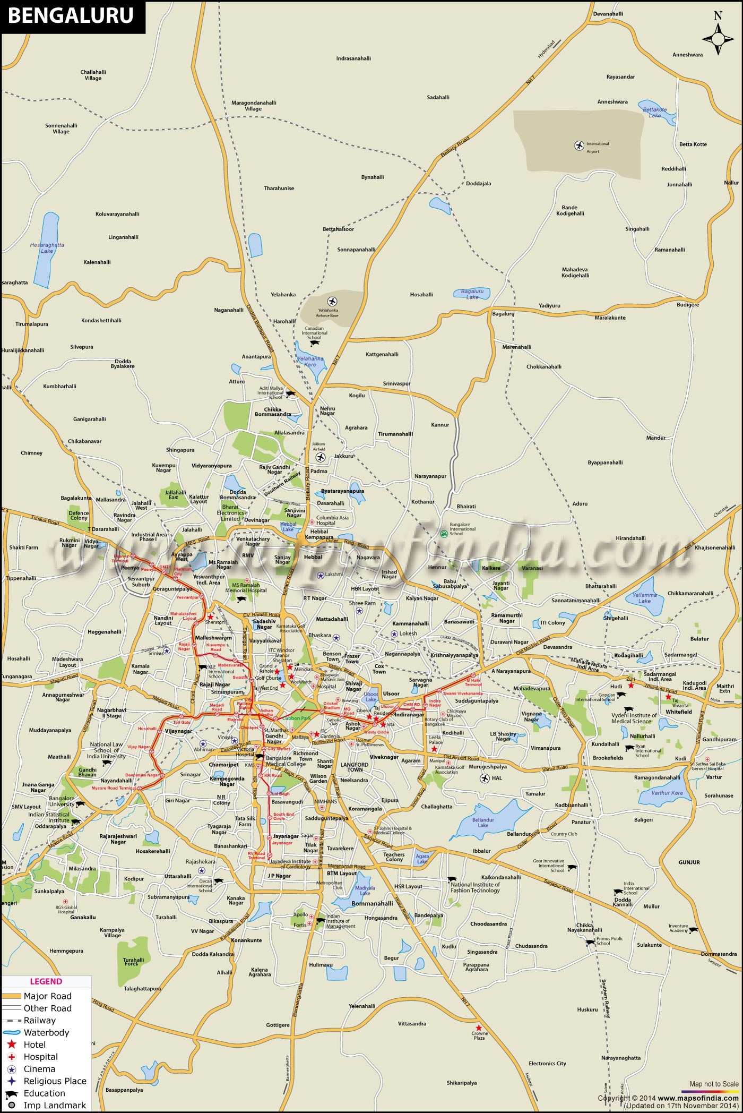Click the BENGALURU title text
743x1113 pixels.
pos(70,15)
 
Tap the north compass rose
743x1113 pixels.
pos(718,38)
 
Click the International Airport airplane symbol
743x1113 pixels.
pos(579,145)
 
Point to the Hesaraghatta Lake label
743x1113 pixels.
pos(47,247)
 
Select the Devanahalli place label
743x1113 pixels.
pos(608,14)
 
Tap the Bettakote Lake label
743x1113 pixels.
pos(655,113)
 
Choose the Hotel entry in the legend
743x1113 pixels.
pos(35,1044)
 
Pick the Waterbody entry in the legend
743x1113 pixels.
pos(46,1032)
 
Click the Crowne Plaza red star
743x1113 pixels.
pos(479,1028)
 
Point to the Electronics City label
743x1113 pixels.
pos(547,1063)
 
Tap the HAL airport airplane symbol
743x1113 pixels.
pos(485,778)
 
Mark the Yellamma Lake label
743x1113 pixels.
pos(644,598)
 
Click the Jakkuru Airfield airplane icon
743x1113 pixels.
pos(320,457)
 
